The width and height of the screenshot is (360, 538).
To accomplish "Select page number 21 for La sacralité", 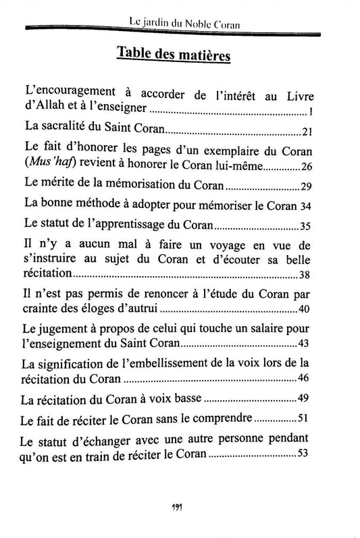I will (307, 130).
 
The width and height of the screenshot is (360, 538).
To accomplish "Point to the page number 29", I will (307, 187).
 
